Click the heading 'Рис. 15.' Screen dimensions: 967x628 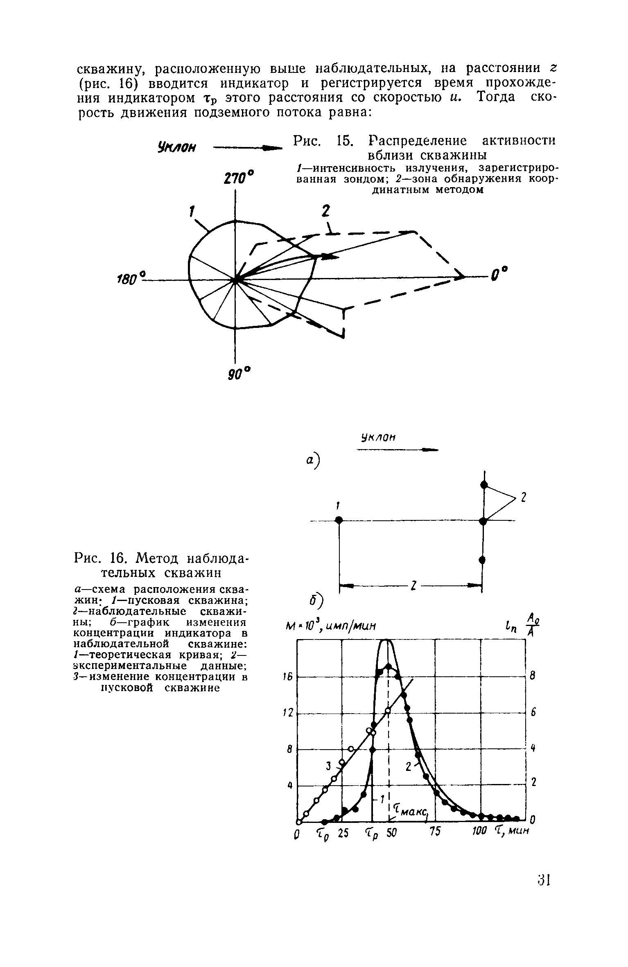323,141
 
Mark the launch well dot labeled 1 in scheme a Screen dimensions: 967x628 339,520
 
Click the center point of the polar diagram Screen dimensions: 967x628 235,280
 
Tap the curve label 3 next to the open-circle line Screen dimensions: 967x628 329,763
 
